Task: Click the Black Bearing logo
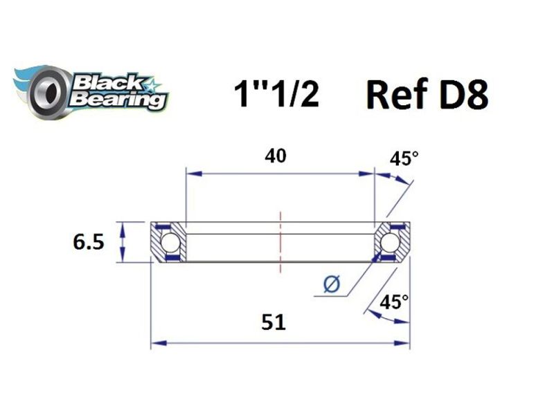(90, 88)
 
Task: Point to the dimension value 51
(275, 322)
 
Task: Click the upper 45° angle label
(404, 159)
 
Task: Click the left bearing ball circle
(169, 242)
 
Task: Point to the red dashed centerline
(280, 242)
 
